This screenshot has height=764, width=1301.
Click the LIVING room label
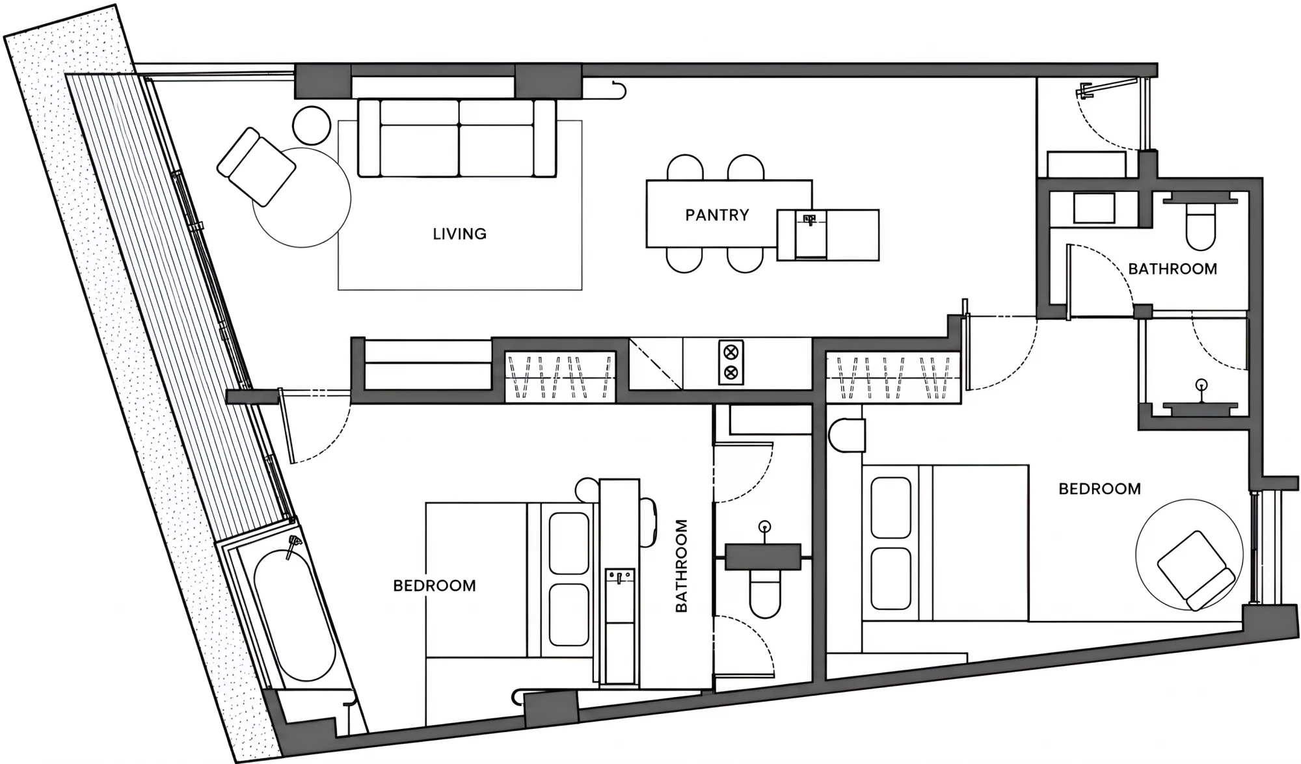point(459,233)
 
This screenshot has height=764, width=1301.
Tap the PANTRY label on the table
point(717,215)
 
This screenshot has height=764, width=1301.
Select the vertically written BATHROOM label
point(681,565)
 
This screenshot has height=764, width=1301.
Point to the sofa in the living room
point(457,137)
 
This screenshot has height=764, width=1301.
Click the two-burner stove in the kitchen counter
point(731,362)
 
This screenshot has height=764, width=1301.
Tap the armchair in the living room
point(256,166)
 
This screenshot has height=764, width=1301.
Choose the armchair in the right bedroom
point(1196,570)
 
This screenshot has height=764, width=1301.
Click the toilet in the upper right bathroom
point(1201,225)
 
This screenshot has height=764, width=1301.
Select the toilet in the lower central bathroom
point(765,593)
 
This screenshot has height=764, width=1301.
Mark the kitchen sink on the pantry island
point(811,234)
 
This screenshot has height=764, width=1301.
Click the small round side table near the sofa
point(312,125)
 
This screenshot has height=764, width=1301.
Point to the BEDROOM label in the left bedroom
point(435,585)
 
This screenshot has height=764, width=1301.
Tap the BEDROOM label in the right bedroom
point(1099,488)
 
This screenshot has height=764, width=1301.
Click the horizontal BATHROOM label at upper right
point(1172,269)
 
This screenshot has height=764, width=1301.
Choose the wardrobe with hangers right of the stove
point(892,376)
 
